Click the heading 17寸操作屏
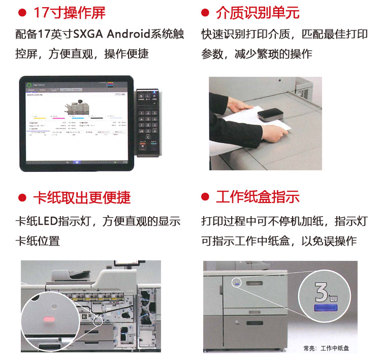click(69, 13)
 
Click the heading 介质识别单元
click(257, 13)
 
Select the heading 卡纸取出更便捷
click(81, 197)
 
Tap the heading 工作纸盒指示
click(257, 197)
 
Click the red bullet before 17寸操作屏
click(22, 13)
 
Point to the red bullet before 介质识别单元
click(205, 13)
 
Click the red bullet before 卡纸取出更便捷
click(22, 198)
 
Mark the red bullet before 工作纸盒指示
click(205, 198)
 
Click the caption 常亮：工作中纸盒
click(327, 348)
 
